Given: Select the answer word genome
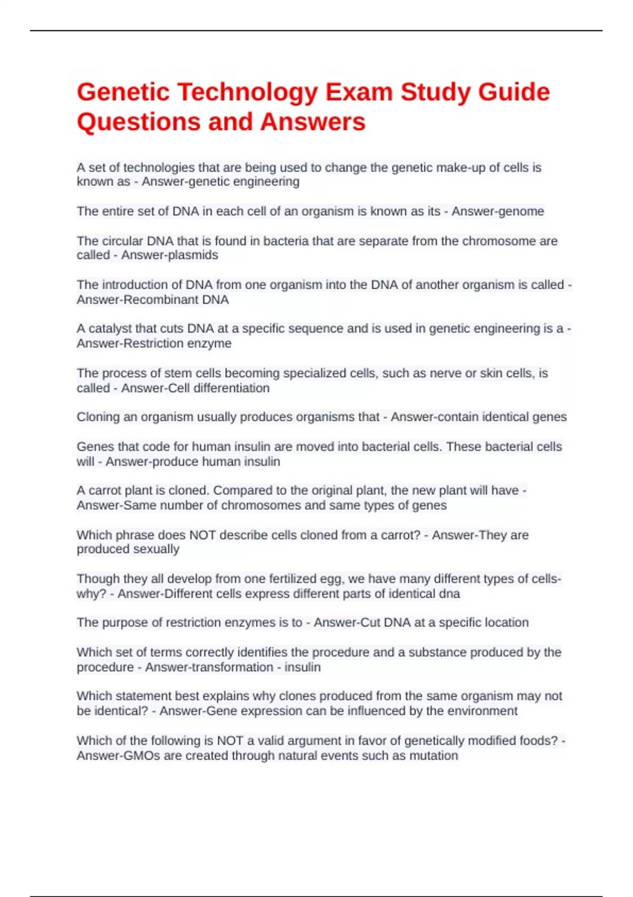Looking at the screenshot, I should pos(519,211).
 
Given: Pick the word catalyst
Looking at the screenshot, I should pos(110,328).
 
